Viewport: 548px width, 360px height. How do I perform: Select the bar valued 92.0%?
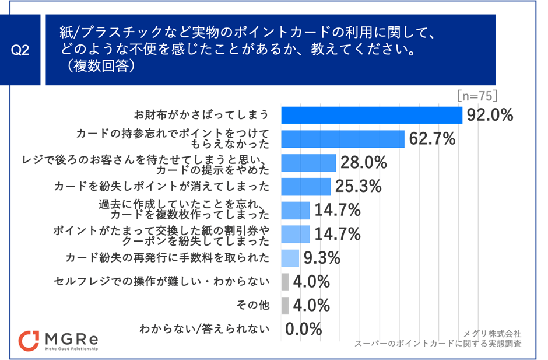coord(371,115)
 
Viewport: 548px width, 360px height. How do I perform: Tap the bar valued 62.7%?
coord(343,139)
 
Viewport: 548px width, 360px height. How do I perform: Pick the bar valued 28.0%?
coord(308,163)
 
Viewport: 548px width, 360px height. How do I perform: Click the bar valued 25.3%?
coord(305,186)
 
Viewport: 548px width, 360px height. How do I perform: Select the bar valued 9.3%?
coord(290,257)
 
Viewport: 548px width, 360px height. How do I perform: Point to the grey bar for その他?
coord(284,305)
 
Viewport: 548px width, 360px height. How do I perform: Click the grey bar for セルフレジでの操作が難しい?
coord(284,281)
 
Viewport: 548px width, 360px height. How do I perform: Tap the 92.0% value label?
coord(489,115)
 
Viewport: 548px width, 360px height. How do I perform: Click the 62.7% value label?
coord(431,139)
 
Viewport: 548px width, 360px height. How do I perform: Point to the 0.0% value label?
coord(304,329)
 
